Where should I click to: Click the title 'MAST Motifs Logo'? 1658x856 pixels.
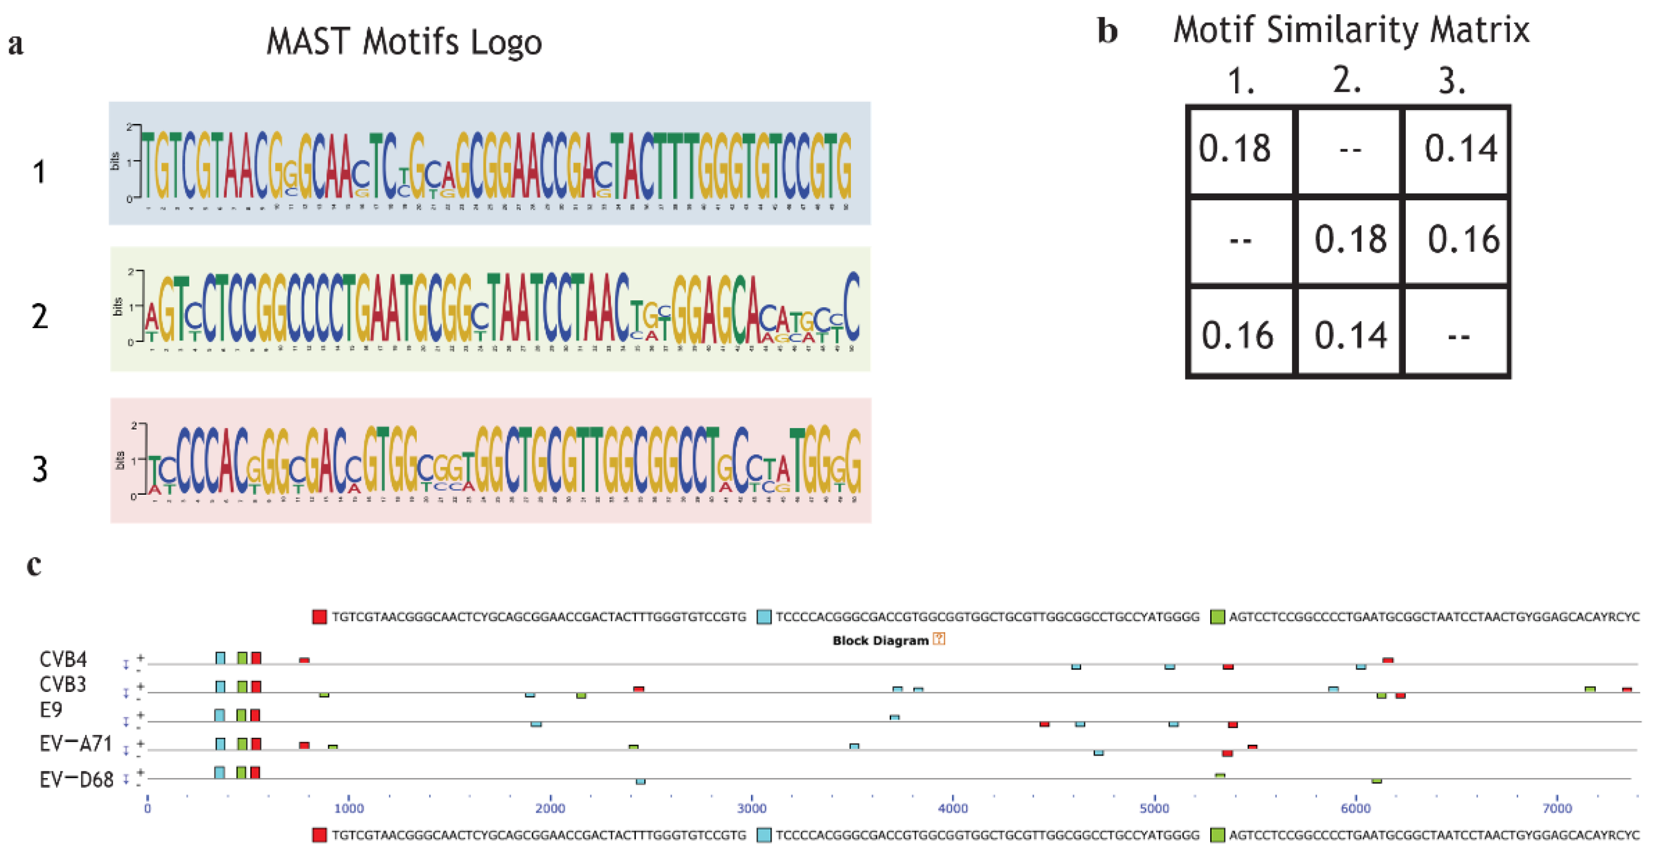404,42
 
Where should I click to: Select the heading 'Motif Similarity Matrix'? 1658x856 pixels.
1350,30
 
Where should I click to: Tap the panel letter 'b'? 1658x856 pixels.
1107,31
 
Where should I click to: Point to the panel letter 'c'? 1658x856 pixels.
34,565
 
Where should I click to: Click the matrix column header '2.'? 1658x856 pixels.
1347,81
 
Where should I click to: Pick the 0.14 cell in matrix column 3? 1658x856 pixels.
1460,149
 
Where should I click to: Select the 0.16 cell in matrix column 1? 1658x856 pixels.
1238,335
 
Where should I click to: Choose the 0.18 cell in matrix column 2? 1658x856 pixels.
1350,239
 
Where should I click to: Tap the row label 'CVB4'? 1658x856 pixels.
63,659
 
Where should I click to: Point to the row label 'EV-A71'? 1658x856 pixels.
76,743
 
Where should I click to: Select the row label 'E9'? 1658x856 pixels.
51,709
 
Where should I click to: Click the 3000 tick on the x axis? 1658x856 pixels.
751,809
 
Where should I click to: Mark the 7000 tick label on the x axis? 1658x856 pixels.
1558,809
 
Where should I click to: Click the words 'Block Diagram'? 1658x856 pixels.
880,640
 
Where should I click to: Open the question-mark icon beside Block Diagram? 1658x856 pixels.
939,639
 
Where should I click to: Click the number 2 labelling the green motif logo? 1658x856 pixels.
40,316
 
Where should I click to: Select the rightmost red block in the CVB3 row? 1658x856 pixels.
1626,689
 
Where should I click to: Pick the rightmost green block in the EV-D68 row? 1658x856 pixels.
1376,781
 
